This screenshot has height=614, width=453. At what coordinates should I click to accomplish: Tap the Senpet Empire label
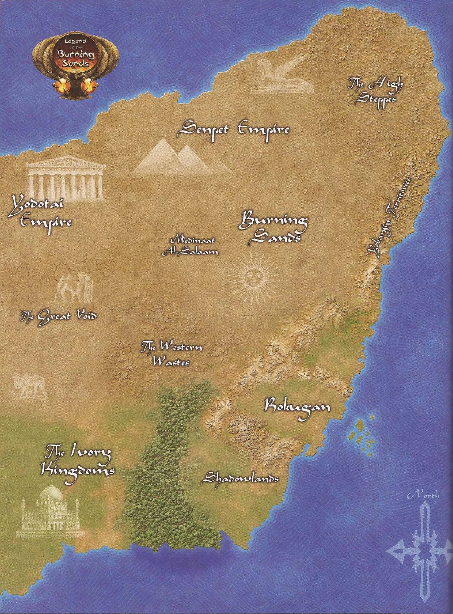pyautogui.click(x=234, y=130)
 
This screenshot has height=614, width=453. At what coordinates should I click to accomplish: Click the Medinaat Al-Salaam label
pyautogui.click(x=190, y=247)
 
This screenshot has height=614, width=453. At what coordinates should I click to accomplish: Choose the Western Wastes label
pyautogui.click(x=171, y=353)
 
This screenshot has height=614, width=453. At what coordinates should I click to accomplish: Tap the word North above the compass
pyautogui.click(x=423, y=495)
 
